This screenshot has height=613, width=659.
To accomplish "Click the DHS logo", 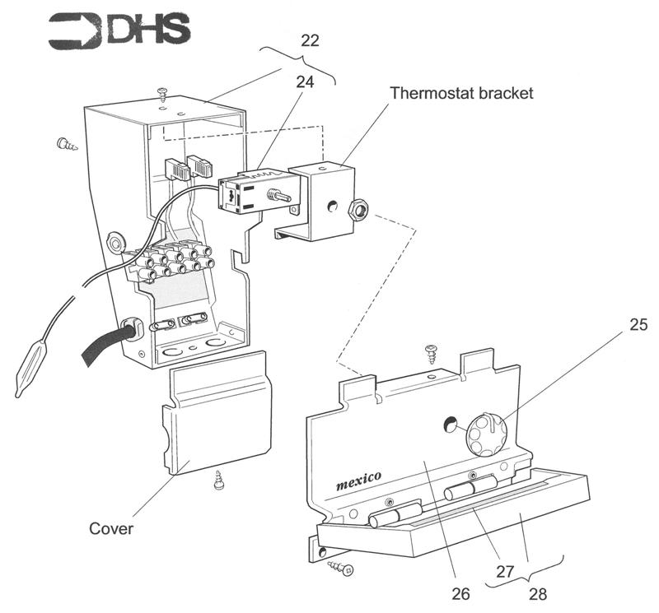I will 120,30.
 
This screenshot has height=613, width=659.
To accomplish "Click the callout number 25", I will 638,325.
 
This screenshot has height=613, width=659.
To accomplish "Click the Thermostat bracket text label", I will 461,93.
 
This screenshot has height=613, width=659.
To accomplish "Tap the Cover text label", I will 111,527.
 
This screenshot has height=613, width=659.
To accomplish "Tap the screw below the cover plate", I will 220,480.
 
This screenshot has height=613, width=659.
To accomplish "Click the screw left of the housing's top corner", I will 67,145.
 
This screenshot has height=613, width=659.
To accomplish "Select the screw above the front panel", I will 429,355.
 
